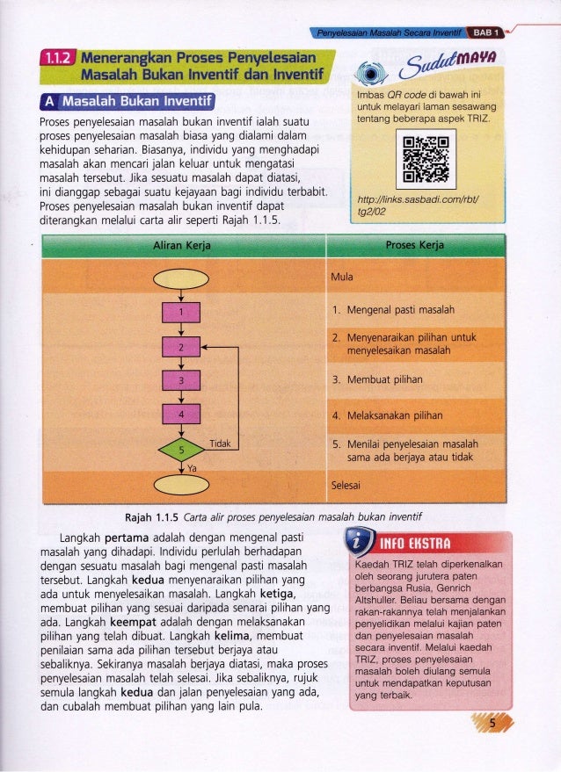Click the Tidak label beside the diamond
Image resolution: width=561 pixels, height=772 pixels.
pos(220,444)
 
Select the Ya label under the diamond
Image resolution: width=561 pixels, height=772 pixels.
pos(191,468)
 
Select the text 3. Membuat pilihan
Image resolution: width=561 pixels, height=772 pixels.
pos(378,379)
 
